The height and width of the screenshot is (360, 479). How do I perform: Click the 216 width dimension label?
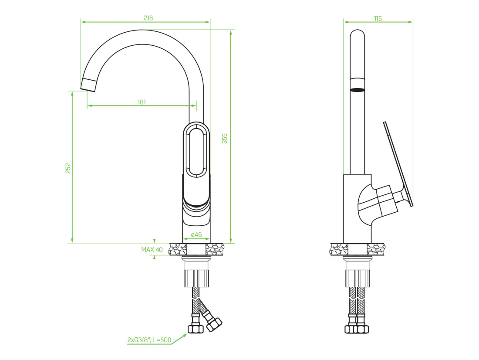148,18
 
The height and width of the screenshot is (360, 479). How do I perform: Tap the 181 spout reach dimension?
142,102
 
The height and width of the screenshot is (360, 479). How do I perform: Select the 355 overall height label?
225,138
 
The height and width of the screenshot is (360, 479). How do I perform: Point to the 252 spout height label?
68,168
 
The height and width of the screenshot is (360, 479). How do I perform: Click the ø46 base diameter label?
196,234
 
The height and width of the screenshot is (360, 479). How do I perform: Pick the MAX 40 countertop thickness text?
152,250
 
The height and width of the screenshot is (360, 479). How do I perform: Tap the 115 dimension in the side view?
378,19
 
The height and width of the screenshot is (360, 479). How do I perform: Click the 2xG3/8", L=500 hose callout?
149,340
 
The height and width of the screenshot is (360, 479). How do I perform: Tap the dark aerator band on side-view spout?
357,90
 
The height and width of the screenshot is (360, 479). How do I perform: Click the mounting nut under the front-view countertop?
196,278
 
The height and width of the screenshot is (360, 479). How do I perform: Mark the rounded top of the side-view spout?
357,34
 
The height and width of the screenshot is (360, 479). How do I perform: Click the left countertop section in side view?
339,249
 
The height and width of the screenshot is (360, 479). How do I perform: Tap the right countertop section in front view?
215,249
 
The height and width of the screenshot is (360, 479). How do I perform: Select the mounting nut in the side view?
358,278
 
